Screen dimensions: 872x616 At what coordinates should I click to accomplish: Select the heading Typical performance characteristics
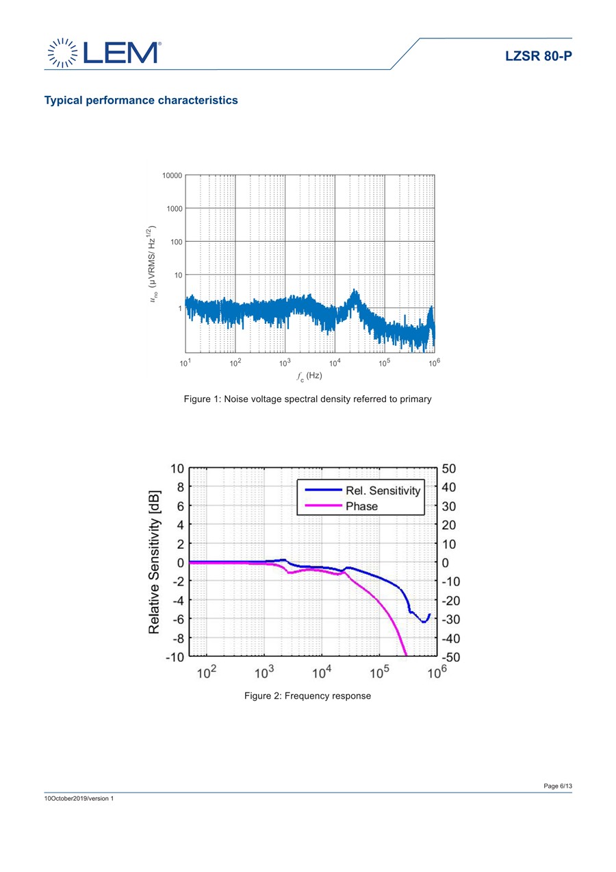tap(141, 101)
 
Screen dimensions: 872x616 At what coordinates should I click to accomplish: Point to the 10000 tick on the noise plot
tap(172, 175)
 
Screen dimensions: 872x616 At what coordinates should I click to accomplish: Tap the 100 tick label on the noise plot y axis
tap(175, 242)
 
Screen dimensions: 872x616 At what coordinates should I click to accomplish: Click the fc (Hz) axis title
tap(309, 376)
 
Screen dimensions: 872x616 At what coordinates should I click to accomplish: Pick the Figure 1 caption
tap(308, 399)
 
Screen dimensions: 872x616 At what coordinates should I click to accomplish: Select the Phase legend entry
tap(361, 507)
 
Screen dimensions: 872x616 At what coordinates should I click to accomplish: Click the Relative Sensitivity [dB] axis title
tap(155, 562)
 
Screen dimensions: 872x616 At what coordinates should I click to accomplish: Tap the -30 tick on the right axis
tap(453, 619)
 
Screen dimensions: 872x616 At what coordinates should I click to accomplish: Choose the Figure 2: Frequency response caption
tap(308, 696)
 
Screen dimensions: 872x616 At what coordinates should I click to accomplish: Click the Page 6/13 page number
tap(558, 786)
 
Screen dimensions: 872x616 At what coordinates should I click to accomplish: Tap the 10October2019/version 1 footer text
tap(79, 799)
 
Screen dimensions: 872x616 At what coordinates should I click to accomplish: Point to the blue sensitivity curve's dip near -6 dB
tap(424, 621)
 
